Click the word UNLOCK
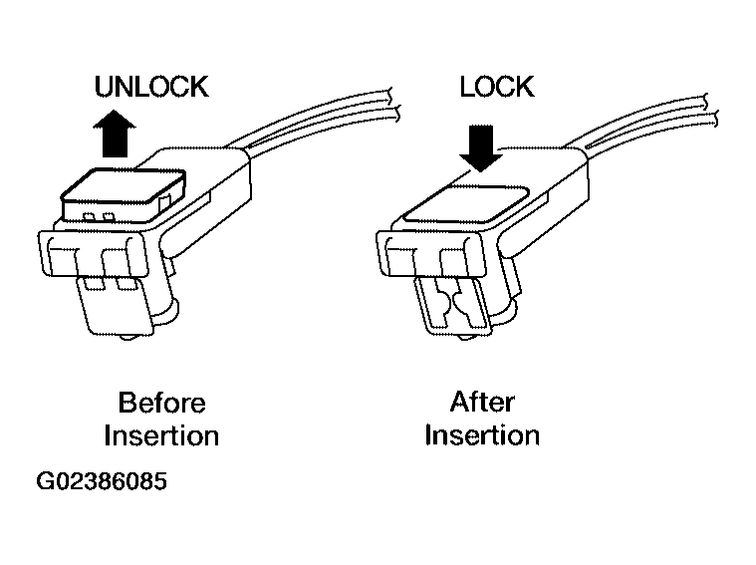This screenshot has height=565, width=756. pos(151,87)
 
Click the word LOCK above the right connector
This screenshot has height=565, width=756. pos(497,87)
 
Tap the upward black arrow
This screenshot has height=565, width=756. pos(115,134)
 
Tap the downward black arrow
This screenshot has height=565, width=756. pos(481,148)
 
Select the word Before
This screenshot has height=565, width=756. pos(162,403)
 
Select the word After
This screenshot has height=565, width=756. pos(482,402)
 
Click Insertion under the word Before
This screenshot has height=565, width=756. pos(161,435)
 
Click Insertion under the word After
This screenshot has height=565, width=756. pos(482,435)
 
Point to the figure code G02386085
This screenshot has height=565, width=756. pos(102,481)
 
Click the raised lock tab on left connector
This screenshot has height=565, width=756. pos(124,195)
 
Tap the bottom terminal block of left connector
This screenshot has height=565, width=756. pos(116,305)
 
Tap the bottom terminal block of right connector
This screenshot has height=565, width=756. pos(453,305)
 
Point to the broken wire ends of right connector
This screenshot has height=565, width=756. pos(710,111)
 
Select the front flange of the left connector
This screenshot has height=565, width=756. pos(93,254)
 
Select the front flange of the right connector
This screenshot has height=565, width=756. pos(430,254)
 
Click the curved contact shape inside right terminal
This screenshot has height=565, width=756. pos(453,305)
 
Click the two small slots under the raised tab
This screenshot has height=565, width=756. pos(99,216)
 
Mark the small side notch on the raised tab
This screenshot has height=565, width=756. pos(165,201)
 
